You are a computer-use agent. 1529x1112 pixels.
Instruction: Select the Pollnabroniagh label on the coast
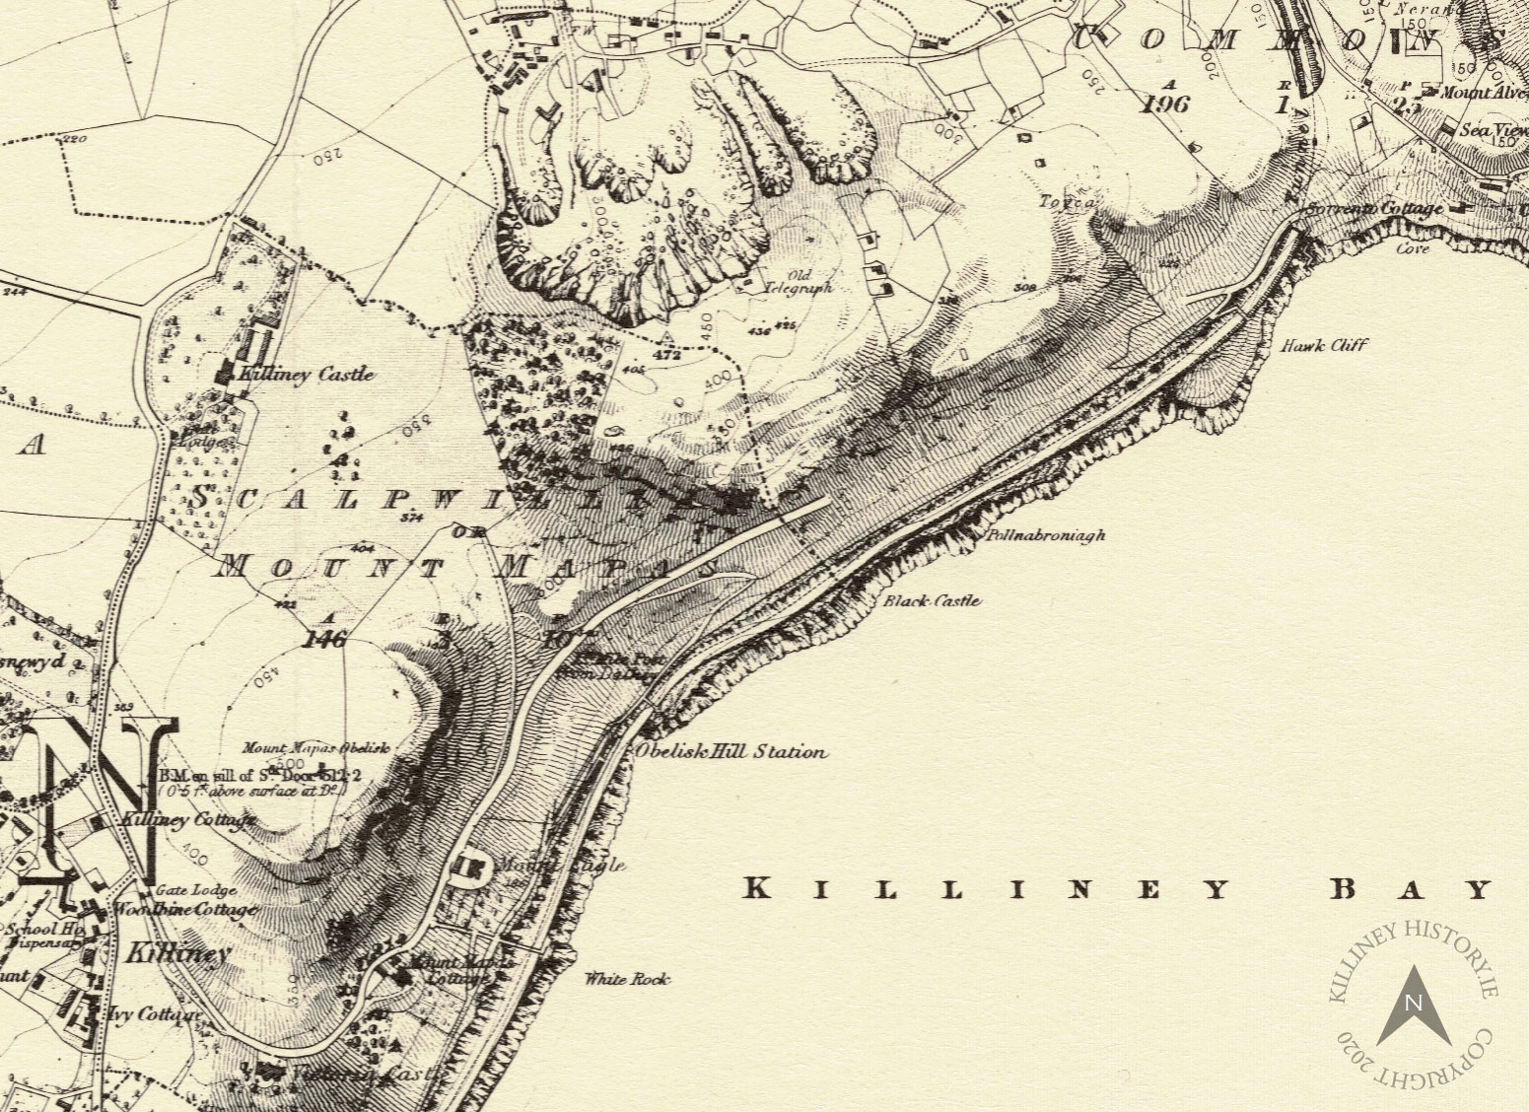[x=1046, y=536]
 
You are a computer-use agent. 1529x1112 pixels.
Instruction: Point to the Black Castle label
[x=933, y=600]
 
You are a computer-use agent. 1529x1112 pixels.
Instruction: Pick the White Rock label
[x=627, y=979]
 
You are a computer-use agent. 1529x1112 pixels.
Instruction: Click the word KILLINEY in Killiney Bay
[x=985, y=890]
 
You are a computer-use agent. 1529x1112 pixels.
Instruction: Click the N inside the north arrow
[x=1413, y=1004]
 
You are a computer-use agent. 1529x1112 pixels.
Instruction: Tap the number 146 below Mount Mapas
[x=326, y=640]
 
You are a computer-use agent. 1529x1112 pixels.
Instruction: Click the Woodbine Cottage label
[x=185, y=909]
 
